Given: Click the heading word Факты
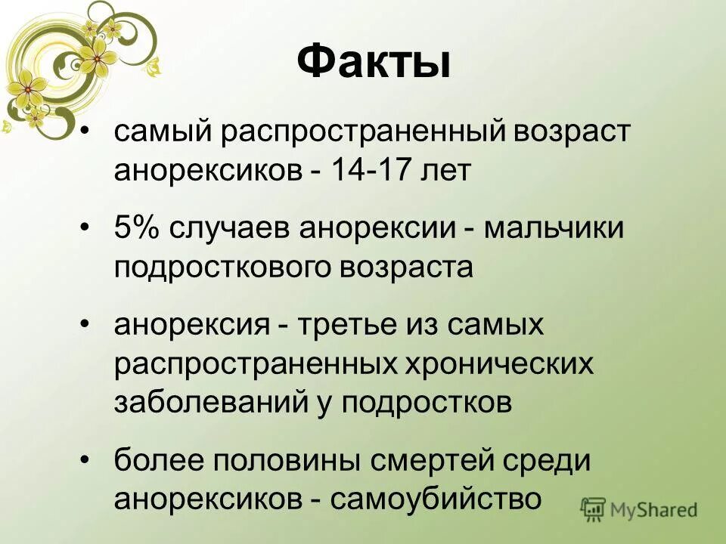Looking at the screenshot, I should tap(372, 62).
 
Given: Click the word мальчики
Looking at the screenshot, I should tap(554, 228).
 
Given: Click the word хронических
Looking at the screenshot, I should tap(498, 365).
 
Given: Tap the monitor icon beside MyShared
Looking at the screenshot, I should tap(594, 509).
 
